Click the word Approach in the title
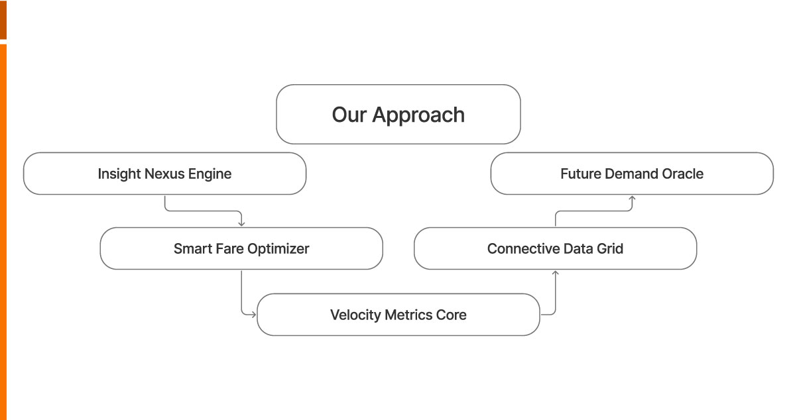(418, 115)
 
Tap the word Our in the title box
(349, 115)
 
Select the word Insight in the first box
(119, 174)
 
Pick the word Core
(451, 315)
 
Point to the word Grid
(609, 249)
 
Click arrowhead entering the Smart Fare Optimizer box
(241, 223)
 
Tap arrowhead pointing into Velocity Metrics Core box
(253, 315)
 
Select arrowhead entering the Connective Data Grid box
(555, 272)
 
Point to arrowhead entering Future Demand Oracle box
(632, 198)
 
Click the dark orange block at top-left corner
(3, 20)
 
